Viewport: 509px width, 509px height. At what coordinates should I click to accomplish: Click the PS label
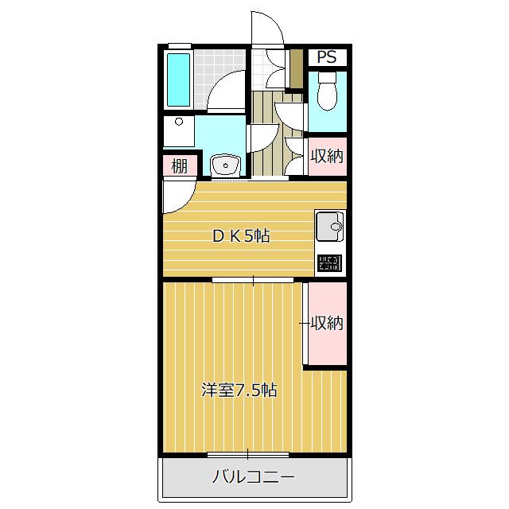327,57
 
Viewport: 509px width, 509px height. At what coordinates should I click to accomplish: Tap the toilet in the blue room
327,93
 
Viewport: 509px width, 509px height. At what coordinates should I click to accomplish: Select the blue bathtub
179,79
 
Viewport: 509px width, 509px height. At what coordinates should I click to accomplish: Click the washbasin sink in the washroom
227,165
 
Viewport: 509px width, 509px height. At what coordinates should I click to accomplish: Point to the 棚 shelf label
179,166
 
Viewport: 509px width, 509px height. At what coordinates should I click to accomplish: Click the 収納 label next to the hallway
327,156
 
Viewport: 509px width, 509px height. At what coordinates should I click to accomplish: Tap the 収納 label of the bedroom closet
327,323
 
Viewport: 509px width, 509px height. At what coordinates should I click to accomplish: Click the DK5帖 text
239,235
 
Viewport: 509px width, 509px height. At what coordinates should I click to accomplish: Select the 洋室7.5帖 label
239,390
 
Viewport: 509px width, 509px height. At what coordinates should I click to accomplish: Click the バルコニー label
253,477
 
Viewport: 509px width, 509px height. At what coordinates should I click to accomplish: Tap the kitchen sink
330,228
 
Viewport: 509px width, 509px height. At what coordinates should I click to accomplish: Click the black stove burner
329,263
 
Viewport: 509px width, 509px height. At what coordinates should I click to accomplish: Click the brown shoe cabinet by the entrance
297,72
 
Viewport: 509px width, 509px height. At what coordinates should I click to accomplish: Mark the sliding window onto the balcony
247,454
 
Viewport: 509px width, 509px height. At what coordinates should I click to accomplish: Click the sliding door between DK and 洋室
253,279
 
